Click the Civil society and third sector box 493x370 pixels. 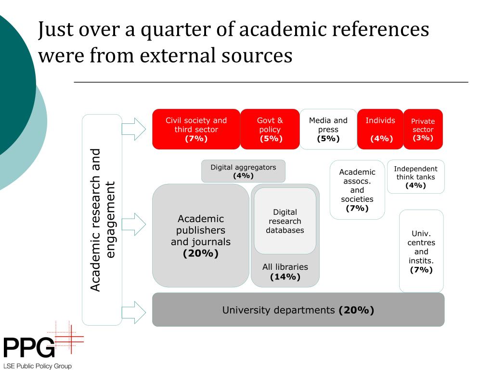coord(196,129)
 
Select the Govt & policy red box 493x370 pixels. coord(270,129)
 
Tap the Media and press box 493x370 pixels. coord(328,129)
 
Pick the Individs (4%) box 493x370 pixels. coord(380,129)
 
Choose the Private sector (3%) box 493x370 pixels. coord(423,129)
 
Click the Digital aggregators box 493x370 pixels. coord(243,171)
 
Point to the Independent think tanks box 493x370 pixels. coord(415,177)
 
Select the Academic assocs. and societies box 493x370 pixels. coord(357,190)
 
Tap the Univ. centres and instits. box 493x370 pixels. coord(421,251)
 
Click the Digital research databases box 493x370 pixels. coord(285,221)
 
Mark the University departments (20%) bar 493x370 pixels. coord(298,310)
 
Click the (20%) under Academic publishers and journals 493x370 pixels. coord(201,253)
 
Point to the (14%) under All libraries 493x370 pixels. coord(285,277)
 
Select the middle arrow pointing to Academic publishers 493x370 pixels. coord(134,224)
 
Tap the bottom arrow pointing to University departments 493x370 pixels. coord(134,312)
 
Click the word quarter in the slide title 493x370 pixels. coord(171,30)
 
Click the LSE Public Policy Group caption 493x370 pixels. coord(37,366)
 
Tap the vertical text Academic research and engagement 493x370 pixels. coord(102,220)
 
